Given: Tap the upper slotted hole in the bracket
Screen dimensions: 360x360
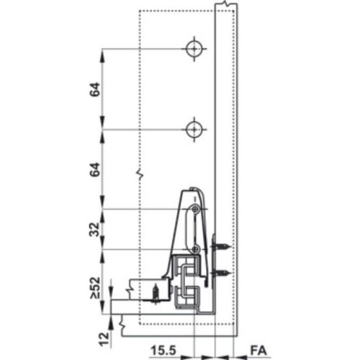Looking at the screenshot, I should [194, 210].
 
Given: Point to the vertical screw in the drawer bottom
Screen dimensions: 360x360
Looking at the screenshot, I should [154, 292].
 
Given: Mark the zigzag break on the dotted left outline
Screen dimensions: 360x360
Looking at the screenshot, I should [138, 174].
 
